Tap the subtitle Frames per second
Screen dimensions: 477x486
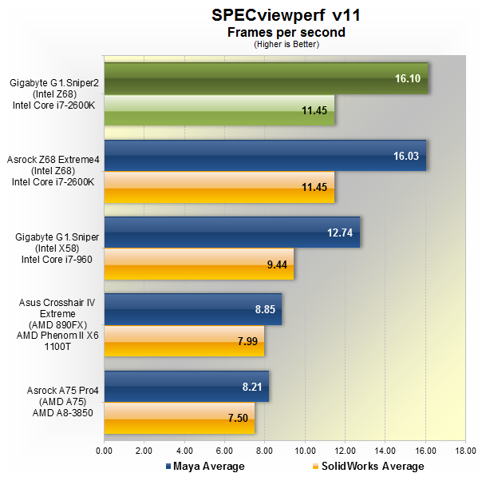tap(275, 33)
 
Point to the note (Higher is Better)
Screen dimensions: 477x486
tap(275, 44)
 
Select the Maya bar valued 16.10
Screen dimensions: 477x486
tap(266, 79)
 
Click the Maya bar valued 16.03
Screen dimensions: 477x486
tap(265, 156)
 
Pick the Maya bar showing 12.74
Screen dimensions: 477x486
tap(231, 233)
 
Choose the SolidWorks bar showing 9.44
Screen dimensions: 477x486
tap(199, 264)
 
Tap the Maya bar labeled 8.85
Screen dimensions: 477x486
tap(192, 309)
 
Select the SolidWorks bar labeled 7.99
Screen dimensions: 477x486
tap(184, 340)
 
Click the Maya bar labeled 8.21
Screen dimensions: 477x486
tap(186, 386)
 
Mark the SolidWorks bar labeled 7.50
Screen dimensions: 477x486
tap(179, 417)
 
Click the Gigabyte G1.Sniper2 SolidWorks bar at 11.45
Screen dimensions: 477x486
tap(219, 110)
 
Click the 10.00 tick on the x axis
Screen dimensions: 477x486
tap(305, 451)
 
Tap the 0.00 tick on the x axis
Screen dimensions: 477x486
tap(104, 451)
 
